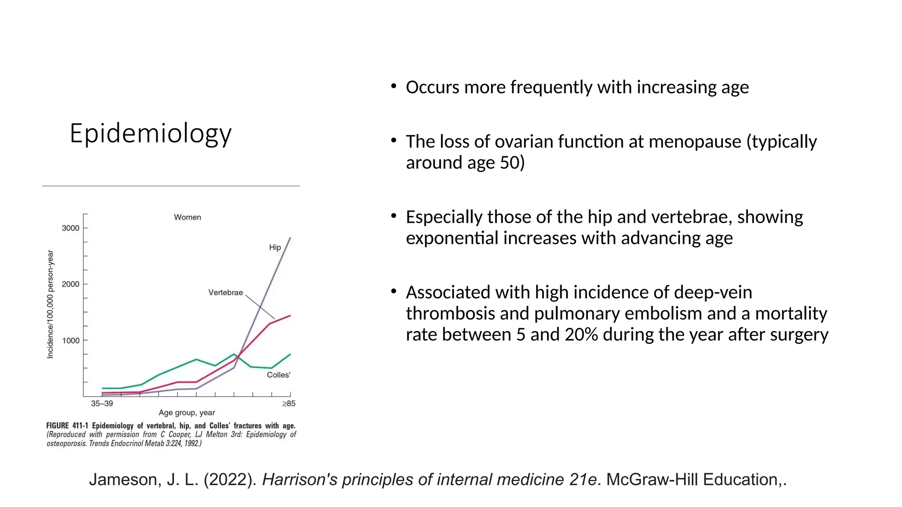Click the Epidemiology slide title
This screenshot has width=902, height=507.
coord(151,133)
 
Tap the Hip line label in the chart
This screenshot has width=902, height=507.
coord(275,247)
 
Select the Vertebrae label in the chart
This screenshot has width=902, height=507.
coord(225,293)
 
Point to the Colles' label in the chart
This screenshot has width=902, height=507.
coord(278,375)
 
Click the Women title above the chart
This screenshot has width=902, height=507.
coord(187,217)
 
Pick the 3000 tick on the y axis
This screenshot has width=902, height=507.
coord(70,228)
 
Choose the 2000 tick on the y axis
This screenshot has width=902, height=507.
coord(70,284)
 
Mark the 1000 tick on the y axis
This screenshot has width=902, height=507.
coord(70,341)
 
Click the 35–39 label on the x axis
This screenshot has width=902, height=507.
coord(102,404)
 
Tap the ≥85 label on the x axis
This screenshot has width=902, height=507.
coord(289,404)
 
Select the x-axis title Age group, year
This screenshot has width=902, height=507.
coord(187,413)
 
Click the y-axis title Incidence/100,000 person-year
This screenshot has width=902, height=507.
coord(50,304)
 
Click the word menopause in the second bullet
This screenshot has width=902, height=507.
coord(695,142)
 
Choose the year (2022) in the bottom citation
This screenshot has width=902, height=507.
coord(230,480)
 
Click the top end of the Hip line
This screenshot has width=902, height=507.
coord(290,238)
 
